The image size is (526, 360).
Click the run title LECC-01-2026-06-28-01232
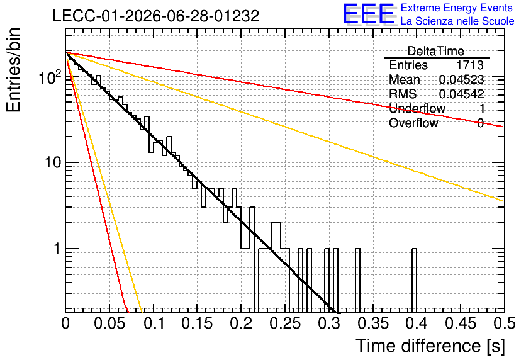[156, 16]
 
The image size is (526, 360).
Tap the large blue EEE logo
[369, 14]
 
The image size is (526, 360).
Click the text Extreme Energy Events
[457, 8]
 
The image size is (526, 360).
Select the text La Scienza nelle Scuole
[457, 21]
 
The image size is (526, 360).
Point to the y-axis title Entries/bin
[13, 70]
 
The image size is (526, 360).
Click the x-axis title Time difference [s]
[430, 346]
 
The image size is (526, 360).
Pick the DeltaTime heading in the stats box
[436, 51]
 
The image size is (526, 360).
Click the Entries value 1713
[469, 65]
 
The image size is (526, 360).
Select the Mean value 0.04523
[462, 79]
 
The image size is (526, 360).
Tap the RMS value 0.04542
[462, 94]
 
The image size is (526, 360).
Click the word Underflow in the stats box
[417, 108]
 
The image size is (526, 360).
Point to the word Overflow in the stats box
[413, 123]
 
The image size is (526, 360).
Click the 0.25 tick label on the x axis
[285, 323]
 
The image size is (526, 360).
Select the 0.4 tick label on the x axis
[417, 323]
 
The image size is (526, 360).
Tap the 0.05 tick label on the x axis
[109, 323]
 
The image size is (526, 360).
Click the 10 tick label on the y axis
[53, 162]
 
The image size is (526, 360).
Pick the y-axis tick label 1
[57, 249]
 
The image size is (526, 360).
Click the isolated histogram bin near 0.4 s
[414, 281]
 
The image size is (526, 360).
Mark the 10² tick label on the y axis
[50, 77]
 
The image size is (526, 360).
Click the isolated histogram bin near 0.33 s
[357, 281]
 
